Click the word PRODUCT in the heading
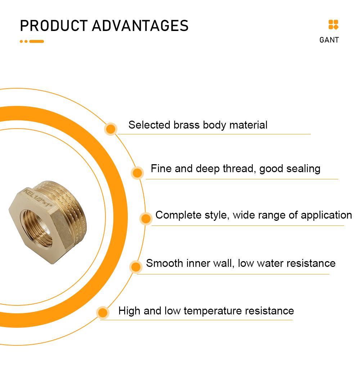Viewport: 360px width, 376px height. click(54, 26)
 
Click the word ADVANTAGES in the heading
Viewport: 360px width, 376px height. click(140, 26)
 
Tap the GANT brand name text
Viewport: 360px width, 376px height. click(329, 40)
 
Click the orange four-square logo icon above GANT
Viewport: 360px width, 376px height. click(333, 24)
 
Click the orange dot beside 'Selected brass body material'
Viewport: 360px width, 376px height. click(111, 129)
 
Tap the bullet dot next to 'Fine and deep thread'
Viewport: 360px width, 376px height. click(137, 173)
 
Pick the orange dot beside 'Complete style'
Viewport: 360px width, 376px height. click(146, 219)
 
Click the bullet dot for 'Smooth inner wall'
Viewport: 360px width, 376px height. click(136, 267)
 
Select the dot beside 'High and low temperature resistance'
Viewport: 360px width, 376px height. click(103, 313)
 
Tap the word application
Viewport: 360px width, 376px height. click(326, 215)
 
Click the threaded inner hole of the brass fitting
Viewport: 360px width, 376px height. click(36, 228)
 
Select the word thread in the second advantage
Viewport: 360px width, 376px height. click(238, 169)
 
